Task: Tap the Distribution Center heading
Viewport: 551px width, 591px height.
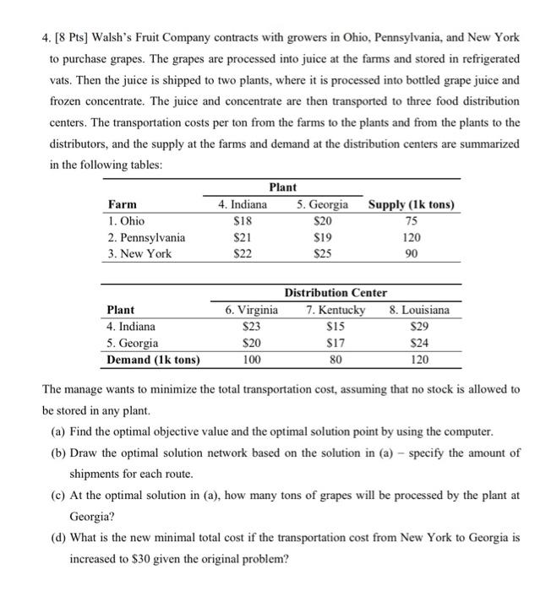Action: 336,293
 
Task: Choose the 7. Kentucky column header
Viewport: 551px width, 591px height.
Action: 336,310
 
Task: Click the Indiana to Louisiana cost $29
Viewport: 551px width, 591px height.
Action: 419,326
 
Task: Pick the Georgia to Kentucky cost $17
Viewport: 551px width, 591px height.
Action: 336,343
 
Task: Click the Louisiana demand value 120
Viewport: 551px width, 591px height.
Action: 419,360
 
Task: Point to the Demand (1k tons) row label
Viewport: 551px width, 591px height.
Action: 154,360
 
